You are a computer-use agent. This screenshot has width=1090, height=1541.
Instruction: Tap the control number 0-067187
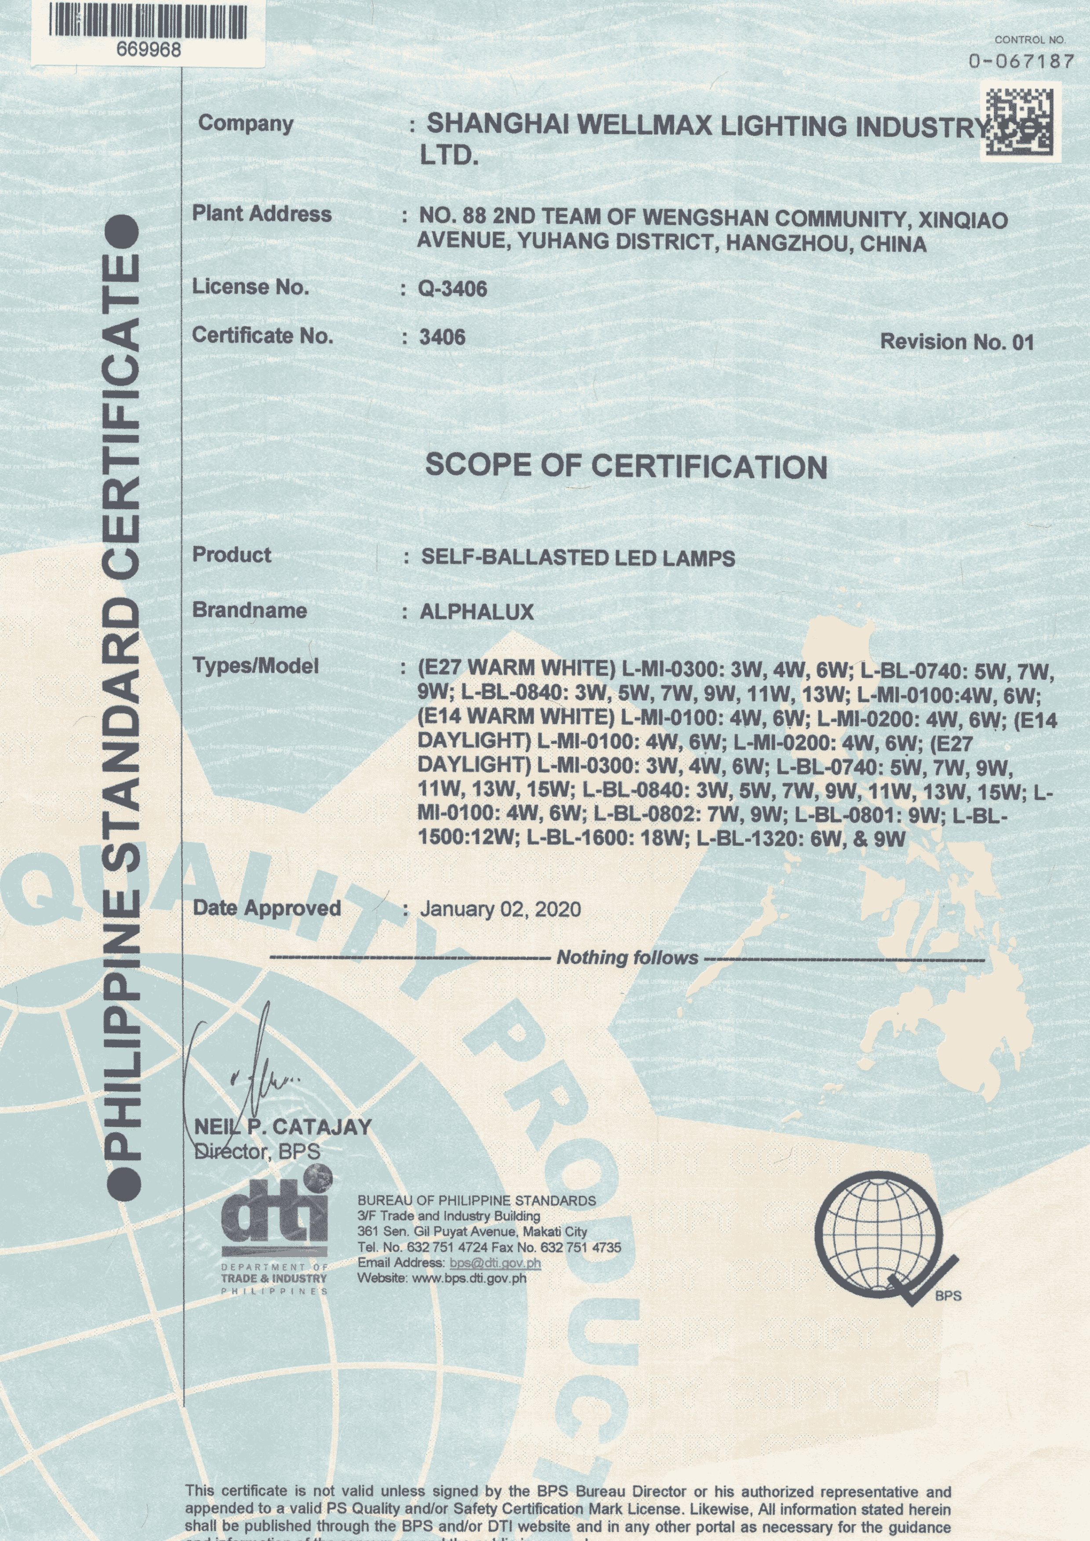pos(1021,62)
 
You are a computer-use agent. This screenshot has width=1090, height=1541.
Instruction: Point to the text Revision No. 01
pos(956,342)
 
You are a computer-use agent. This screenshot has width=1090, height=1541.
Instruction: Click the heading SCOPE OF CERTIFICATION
pos(626,466)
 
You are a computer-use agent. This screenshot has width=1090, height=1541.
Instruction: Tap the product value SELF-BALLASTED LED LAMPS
pos(578,558)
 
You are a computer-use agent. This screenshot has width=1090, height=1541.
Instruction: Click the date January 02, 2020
pos(500,909)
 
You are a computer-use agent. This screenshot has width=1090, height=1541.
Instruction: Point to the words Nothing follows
pos(627,958)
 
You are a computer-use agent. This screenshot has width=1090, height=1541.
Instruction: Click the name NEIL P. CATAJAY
pos(282,1127)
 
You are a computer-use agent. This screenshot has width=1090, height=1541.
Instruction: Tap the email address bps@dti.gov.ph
pos(495,1262)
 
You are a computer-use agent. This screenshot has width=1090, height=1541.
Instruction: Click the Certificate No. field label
pos(262,336)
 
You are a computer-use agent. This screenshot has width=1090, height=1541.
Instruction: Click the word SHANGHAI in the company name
pos(498,125)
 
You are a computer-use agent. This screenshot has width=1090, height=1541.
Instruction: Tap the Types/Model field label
pos(255,666)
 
